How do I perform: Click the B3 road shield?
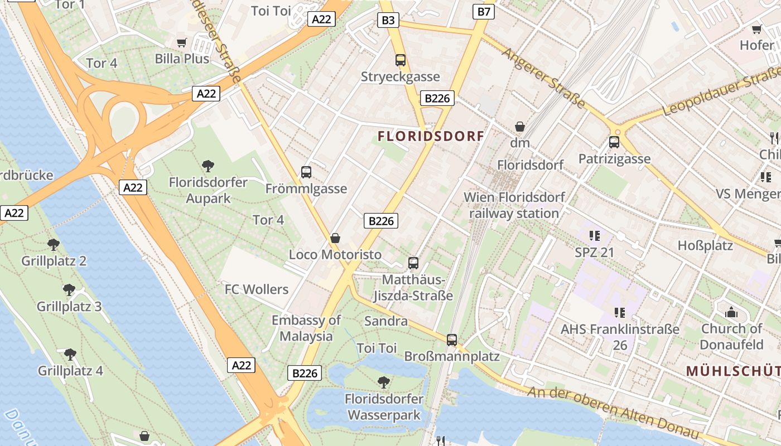pos(388,21)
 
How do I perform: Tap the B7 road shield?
pos(484,11)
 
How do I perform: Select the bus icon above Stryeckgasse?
pos(400,60)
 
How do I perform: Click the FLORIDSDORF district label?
pos(431,136)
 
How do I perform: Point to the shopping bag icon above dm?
pos(520,127)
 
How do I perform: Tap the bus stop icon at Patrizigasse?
pos(614,142)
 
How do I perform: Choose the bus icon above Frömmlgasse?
pos(306,172)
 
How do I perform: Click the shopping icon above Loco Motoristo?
pos(335,238)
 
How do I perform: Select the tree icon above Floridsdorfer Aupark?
pos(208,166)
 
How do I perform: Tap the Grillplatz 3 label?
pos(69,306)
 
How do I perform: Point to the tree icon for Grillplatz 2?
pos(54,244)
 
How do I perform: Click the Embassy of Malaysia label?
pos(306,328)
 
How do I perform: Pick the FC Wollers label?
pos(257,289)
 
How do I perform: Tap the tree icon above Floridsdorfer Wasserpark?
pos(384,382)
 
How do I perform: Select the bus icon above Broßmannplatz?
pos(452,340)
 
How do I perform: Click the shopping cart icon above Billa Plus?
pos(182,43)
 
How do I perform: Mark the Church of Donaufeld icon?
pos(731,313)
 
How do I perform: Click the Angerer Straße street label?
pos(543,78)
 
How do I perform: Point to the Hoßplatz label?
pos(705,245)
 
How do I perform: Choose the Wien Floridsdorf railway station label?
pos(514,205)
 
